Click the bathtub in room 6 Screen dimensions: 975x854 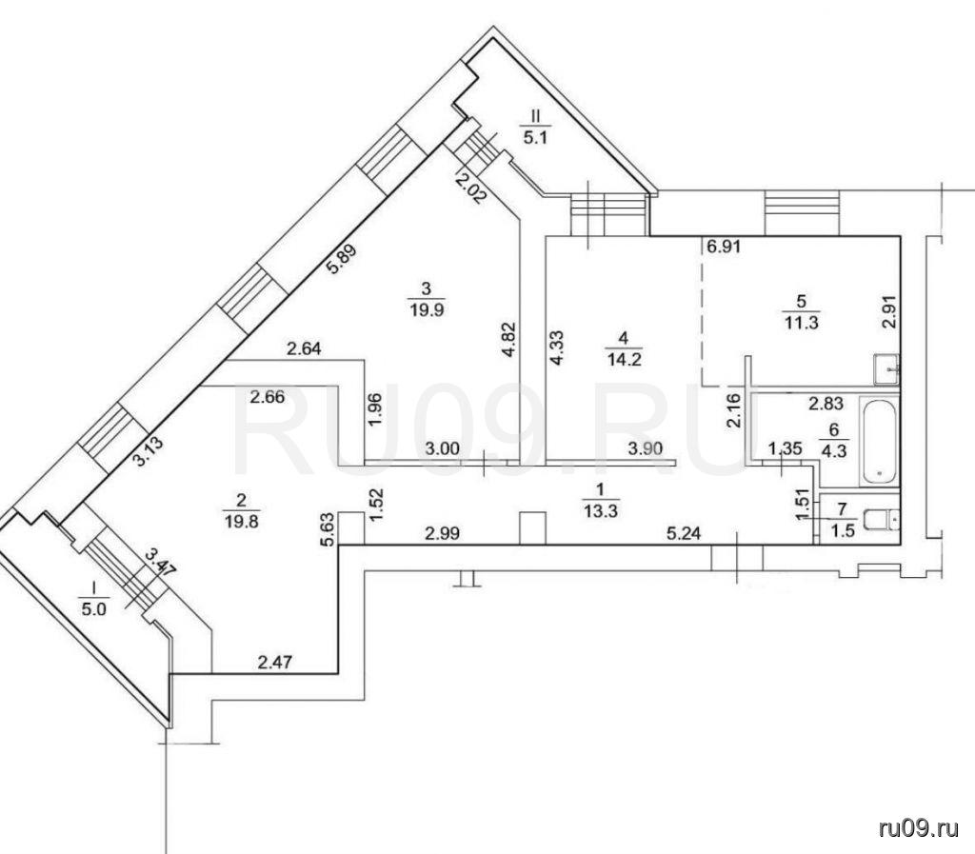[878, 443]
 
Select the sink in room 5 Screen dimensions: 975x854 [886, 368]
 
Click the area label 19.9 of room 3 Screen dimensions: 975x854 [427, 309]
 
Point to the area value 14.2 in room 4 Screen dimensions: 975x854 [624, 360]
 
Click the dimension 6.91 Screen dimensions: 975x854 [724, 247]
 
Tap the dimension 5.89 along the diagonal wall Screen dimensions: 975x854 [343, 259]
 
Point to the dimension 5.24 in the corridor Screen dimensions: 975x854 [684, 532]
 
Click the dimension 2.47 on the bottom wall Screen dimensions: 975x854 [275, 663]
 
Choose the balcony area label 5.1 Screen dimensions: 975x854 [535, 137]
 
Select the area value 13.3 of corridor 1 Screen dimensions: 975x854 [600, 511]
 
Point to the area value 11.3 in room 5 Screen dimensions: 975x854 [802, 323]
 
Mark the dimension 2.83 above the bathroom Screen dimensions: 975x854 [826, 404]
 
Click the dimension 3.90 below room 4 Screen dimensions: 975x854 [646, 448]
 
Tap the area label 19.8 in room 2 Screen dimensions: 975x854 [242, 521]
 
